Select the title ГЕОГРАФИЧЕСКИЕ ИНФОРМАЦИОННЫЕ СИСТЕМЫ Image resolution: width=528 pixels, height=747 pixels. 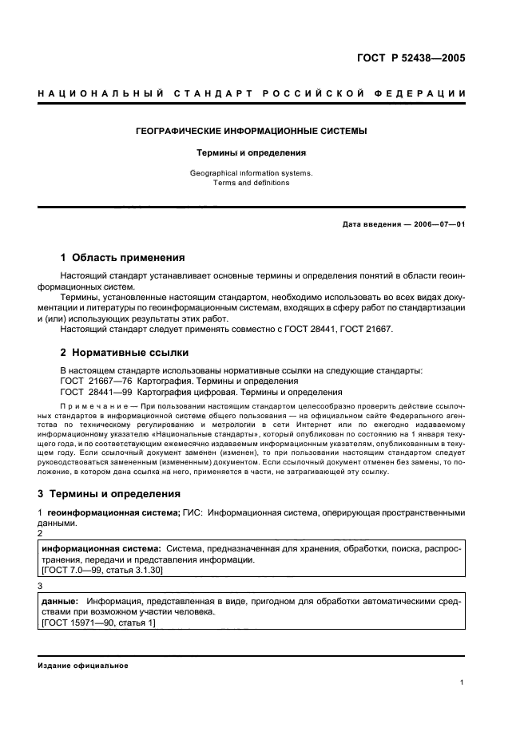pyautogui.click(x=252, y=131)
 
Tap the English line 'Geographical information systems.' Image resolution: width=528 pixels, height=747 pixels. pyautogui.click(x=252, y=172)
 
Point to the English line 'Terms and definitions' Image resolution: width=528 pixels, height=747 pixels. pyautogui.click(x=252, y=183)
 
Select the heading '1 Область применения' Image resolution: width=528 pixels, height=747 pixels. pyautogui.click(x=122, y=258)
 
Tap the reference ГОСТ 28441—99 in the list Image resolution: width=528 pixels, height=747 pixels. pyautogui.click(x=95, y=392)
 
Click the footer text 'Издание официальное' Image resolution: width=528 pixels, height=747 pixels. pyautogui.click(x=82, y=666)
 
